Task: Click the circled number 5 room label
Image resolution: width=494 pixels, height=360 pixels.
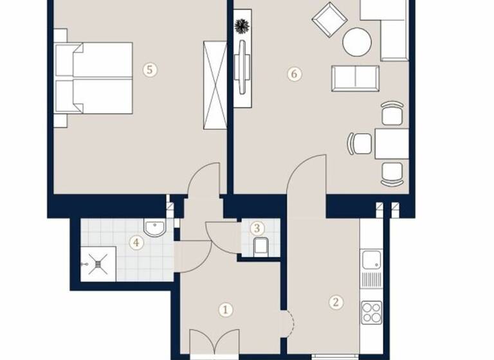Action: pyautogui.click(x=149, y=70)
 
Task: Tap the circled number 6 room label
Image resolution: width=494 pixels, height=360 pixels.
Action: pyautogui.click(x=294, y=74)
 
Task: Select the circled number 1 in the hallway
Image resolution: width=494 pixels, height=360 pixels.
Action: pyautogui.click(x=225, y=310)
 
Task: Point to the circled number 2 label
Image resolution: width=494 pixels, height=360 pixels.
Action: pyautogui.click(x=335, y=302)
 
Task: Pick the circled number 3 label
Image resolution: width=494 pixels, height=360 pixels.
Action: pyautogui.click(x=257, y=228)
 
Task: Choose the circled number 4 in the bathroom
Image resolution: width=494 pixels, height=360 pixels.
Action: pyautogui.click(x=135, y=242)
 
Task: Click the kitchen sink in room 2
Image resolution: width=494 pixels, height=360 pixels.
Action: pyautogui.click(x=371, y=260)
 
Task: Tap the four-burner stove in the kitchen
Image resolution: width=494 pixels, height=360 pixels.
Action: pyautogui.click(x=371, y=312)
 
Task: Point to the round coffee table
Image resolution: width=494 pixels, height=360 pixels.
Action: pyautogui.click(x=357, y=42)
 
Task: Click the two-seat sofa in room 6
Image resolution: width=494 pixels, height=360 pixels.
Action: pyautogui.click(x=355, y=78)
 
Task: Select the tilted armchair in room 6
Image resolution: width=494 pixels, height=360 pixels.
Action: pyautogui.click(x=329, y=20)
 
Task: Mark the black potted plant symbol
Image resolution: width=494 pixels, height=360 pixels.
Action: pyautogui.click(x=242, y=26)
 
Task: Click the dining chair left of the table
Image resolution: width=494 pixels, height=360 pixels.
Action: pyautogui.click(x=361, y=143)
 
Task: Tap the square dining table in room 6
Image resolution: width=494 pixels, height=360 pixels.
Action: pyautogui.click(x=391, y=143)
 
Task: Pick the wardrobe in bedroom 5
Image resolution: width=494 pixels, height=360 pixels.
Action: pyautogui.click(x=215, y=84)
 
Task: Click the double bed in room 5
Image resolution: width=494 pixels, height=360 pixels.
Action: pyautogui.click(x=95, y=78)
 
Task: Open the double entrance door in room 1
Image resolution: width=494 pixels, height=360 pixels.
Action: pyautogui.click(x=215, y=344)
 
